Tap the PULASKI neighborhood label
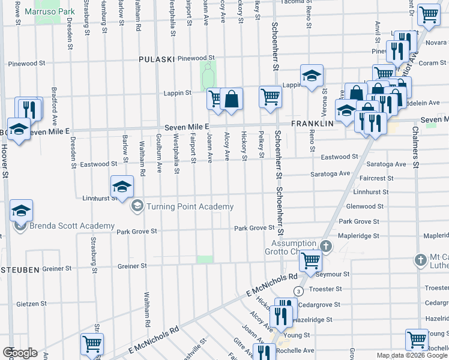click(156, 59)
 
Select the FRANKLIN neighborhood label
click(312, 123)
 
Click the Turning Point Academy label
click(190, 207)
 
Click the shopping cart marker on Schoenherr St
click(270, 96)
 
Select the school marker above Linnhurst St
click(122, 185)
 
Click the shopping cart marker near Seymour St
click(310, 260)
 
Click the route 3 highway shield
click(298, 291)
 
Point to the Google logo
click(19, 353)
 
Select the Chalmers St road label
click(415, 155)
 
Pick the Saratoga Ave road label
click(330, 173)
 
